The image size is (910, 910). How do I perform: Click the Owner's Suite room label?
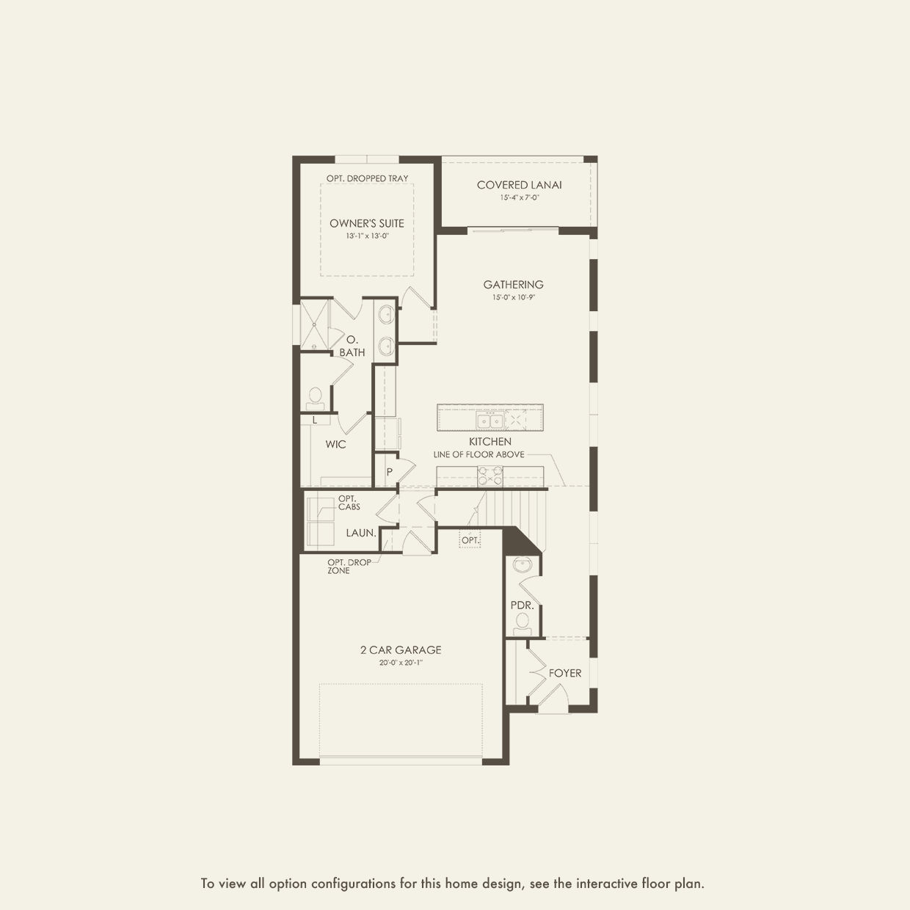(x=367, y=223)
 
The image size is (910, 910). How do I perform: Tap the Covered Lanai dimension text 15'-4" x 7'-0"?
(x=520, y=197)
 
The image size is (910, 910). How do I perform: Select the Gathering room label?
(x=513, y=285)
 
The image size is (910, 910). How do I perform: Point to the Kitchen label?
(x=490, y=442)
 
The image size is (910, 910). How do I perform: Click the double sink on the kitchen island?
(x=489, y=420)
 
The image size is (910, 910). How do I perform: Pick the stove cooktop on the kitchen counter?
(x=490, y=476)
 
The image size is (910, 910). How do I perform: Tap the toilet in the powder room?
(x=522, y=623)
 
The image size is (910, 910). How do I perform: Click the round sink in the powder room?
(x=523, y=565)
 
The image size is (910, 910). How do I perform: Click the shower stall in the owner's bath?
(x=315, y=324)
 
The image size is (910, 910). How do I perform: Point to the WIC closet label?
(x=336, y=445)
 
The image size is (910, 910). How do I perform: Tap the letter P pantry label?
(x=390, y=472)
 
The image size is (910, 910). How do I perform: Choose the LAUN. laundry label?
(x=361, y=533)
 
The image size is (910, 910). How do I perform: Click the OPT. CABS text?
(x=349, y=503)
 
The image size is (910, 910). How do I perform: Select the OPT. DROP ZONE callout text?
(x=349, y=567)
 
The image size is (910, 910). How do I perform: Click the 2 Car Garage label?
(x=401, y=649)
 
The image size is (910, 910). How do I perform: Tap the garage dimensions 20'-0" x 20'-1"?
(x=401, y=663)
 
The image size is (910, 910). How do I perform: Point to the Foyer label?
(x=565, y=673)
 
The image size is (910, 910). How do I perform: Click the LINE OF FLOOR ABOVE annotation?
(x=478, y=454)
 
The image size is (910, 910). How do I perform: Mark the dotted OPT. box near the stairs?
(x=470, y=540)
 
